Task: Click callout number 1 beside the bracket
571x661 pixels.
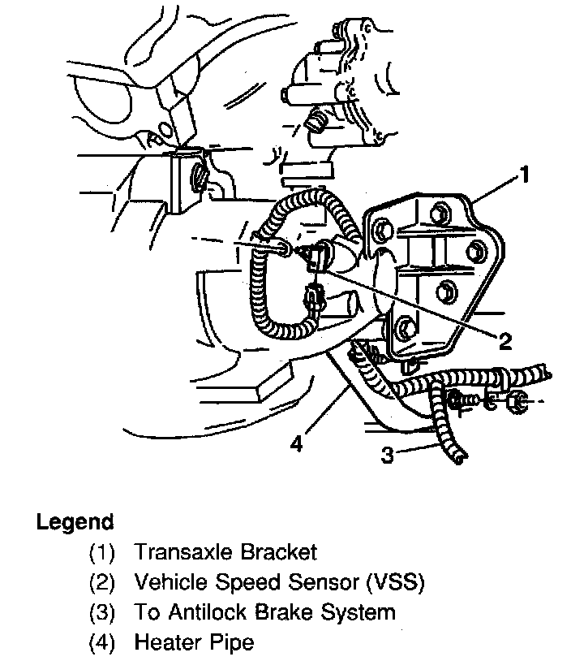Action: pyautogui.click(x=526, y=174)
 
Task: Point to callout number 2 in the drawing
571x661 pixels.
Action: pyautogui.click(x=505, y=341)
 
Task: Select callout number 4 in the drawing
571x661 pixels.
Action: pyautogui.click(x=297, y=444)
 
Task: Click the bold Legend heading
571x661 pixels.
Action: pyautogui.click(x=75, y=521)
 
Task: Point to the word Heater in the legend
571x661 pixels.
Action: pyautogui.click(x=166, y=643)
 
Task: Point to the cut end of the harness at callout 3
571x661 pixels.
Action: pyautogui.click(x=460, y=461)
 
